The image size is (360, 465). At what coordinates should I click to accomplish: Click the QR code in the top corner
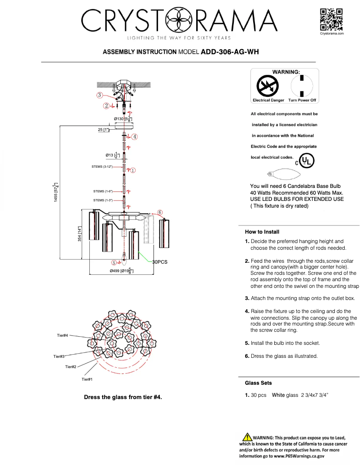[x=332, y=19]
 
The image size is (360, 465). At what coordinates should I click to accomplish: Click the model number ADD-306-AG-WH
[x=229, y=52]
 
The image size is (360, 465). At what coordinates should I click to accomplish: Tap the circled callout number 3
[x=99, y=95]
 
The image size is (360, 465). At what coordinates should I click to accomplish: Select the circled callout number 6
[x=159, y=212]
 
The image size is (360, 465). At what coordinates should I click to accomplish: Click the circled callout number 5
[x=114, y=263]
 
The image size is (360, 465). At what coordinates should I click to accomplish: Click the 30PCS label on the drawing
[x=159, y=262]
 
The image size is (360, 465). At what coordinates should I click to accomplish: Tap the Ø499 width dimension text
[x=121, y=271]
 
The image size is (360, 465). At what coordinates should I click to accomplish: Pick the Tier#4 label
[x=62, y=335]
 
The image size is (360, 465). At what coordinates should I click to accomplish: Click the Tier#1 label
[x=87, y=379]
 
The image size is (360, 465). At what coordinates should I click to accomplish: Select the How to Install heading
[x=262, y=232]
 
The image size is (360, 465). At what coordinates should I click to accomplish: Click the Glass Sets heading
[x=258, y=383]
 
